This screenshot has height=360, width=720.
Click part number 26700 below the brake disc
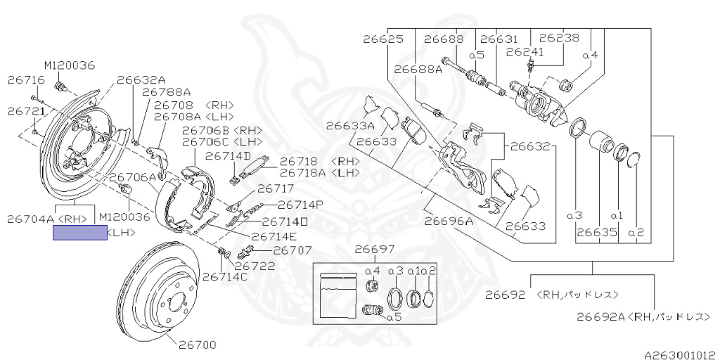[197, 345]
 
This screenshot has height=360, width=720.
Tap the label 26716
[26, 81]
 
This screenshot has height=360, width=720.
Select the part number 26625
[383, 39]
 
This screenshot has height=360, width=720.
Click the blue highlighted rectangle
[80, 233]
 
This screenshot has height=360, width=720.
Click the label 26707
[292, 250]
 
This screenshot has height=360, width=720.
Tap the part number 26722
[254, 266]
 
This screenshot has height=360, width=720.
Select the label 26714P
[300, 205]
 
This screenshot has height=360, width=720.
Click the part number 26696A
[449, 220]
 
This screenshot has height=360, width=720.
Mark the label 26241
[525, 51]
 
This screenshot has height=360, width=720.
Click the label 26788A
[167, 91]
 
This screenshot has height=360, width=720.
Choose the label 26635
[597, 232]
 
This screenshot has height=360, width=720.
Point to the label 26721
[27, 111]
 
